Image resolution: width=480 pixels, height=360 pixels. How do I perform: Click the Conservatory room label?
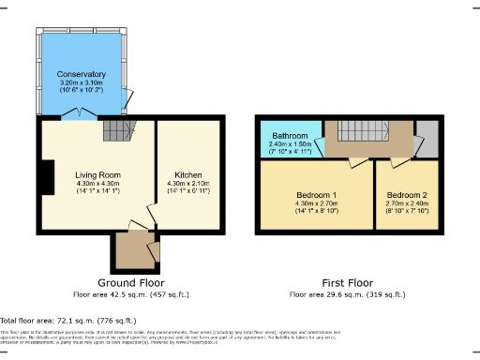(x=80, y=73)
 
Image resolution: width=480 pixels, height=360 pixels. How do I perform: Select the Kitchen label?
(x=184, y=174)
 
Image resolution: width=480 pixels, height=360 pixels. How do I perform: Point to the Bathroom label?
(x=290, y=136)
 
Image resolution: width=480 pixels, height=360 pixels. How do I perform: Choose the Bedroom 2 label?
(x=405, y=196)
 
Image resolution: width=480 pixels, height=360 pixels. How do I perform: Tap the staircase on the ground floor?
(x=115, y=129)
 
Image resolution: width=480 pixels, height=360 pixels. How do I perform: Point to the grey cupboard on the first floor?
(x=427, y=141)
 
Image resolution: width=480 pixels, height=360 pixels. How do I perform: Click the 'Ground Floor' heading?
(x=131, y=282)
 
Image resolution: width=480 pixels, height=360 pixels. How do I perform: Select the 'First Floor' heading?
(x=347, y=282)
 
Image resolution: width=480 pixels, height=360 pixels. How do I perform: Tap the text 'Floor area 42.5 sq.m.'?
(x=131, y=294)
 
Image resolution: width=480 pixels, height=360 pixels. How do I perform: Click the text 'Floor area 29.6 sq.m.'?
(x=347, y=294)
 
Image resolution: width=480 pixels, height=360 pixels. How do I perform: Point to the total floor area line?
(x=59, y=321)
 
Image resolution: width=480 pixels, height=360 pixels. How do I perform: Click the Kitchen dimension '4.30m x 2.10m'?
(x=184, y=183)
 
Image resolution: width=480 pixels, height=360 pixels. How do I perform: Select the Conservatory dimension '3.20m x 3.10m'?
(x=80, y=82)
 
